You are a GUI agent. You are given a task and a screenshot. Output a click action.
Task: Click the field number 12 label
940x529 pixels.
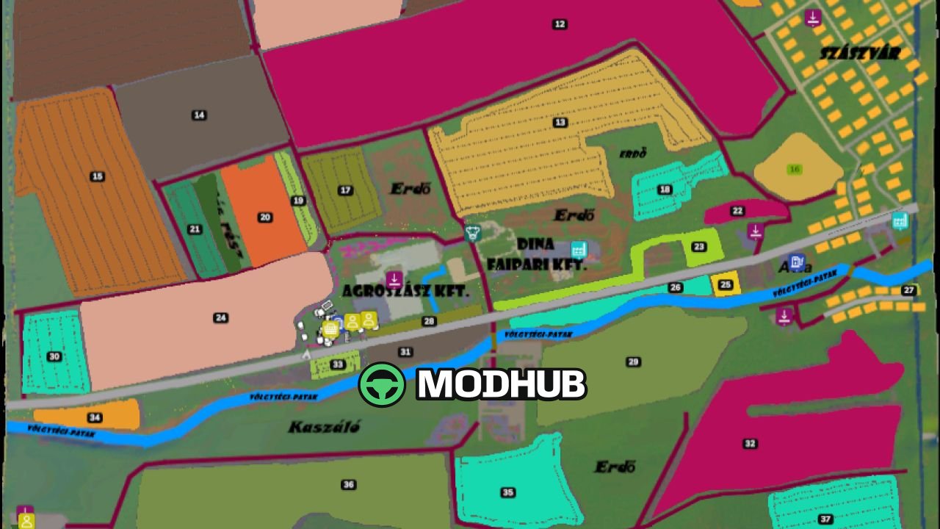560,24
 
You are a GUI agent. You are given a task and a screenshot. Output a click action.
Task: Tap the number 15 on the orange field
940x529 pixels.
97,176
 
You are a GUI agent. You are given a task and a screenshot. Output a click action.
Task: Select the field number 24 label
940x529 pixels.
220,317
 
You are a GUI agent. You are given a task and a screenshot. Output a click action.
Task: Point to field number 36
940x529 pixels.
349,484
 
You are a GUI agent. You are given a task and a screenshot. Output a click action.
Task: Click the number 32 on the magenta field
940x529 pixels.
750,443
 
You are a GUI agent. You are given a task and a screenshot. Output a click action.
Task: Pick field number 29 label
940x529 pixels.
633,361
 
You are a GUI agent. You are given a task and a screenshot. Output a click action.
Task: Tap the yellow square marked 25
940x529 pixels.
726,284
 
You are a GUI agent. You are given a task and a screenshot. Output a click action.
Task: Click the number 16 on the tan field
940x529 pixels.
794,169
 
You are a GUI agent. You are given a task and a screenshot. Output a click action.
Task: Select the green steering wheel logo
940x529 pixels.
382,384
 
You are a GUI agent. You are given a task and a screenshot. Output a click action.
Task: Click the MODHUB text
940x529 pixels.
501,384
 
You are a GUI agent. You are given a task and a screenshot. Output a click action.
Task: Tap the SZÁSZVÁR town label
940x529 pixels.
860,53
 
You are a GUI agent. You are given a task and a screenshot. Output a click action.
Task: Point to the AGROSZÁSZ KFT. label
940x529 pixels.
405,291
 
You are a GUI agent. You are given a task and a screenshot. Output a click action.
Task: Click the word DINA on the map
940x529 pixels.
535,244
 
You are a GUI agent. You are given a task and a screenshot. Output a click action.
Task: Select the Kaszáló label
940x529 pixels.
324,427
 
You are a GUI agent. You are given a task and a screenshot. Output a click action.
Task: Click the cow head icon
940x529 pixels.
472,233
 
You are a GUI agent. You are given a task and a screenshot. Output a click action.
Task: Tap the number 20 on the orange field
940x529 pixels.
265,217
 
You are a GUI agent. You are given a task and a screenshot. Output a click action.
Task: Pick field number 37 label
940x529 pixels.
826,519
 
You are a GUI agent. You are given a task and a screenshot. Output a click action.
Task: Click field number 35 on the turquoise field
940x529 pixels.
507,492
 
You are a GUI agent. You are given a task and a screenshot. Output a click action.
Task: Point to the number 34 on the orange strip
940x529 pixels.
95,417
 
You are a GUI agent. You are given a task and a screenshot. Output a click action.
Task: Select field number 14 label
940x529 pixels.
198,115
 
